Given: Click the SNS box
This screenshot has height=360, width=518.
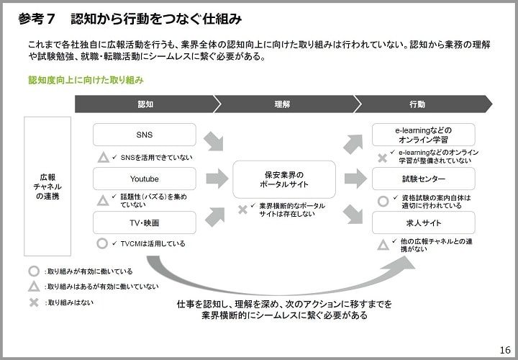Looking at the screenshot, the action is (145, 135).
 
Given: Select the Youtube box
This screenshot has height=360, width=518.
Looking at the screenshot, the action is (145, 179).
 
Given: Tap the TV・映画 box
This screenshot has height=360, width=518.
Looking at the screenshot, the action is (145, 222).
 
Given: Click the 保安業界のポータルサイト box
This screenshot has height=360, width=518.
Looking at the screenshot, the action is (284, 179).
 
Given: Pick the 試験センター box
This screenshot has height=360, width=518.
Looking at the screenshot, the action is (424, 179).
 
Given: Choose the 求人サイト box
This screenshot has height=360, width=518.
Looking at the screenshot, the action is (424, 222).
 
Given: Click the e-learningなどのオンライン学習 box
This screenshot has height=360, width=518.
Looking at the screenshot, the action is (424, 135).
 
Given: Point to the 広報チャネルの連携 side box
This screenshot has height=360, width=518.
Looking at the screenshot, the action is (47, 186).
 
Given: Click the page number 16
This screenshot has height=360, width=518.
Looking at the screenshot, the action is (505, 350).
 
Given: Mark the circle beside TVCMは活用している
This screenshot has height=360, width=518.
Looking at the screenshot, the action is (102, 243).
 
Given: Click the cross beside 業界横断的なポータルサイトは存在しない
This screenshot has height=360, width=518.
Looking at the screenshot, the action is (243, 210).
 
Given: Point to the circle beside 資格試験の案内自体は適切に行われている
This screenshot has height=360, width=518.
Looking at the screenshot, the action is (383, 202).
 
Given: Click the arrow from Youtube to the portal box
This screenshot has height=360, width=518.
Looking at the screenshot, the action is (217, 179).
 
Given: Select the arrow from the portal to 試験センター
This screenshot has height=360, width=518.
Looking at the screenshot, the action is (355, 179).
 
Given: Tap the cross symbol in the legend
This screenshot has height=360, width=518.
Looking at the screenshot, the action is (34, 302).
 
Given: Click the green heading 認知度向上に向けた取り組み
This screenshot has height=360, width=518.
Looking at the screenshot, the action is (86, 81).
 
